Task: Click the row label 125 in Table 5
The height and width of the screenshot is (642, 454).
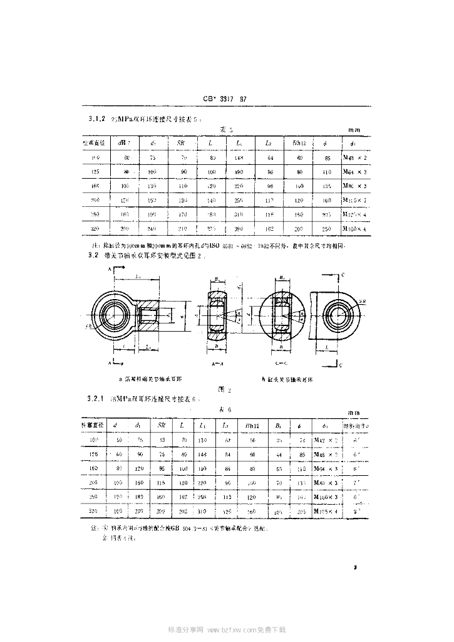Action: tap(96, 171)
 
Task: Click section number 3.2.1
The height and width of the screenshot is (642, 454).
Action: tap(95, 399)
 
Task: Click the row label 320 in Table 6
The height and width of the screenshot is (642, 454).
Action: tap(95, 512)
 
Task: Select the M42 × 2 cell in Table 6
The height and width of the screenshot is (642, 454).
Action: tap(324, 440)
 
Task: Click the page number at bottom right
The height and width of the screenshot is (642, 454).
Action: tap(355, 567)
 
